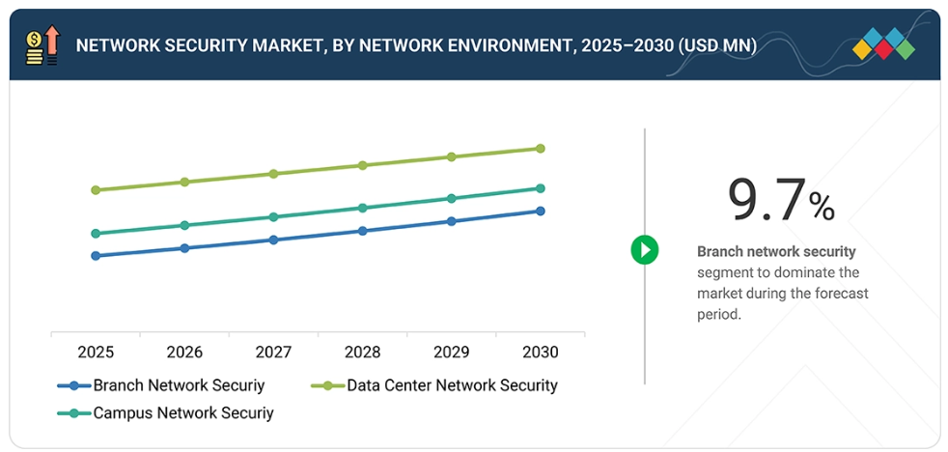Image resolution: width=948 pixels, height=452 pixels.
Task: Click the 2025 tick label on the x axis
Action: [96, 352]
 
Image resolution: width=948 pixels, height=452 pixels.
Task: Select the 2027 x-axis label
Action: [273, 352]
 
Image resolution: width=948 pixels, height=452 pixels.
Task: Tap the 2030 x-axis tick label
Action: [540, 352]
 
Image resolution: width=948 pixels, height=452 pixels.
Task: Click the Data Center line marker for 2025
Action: [96, 190]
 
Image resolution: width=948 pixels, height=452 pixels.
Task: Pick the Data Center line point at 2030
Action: [541, 149]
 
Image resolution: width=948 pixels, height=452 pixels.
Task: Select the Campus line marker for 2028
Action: [362, 208]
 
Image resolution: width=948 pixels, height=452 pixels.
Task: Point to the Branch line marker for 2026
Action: [184, 248]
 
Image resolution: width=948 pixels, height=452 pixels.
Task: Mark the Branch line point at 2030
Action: [541, 211]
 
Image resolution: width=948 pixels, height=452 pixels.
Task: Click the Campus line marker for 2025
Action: [96, 234]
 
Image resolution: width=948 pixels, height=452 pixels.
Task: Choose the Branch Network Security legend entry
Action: [178, 385]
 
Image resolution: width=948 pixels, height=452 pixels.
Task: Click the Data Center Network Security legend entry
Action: [451, 385]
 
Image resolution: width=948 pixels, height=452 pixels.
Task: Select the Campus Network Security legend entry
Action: [182, 413]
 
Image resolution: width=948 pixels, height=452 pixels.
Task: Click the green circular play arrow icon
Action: [645, 250]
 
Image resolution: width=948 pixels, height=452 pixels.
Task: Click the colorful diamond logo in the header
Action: [883, 44]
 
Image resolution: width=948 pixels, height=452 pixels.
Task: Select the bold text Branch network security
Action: [776, 252]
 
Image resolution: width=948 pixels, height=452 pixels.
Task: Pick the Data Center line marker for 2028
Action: [362, 165]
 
